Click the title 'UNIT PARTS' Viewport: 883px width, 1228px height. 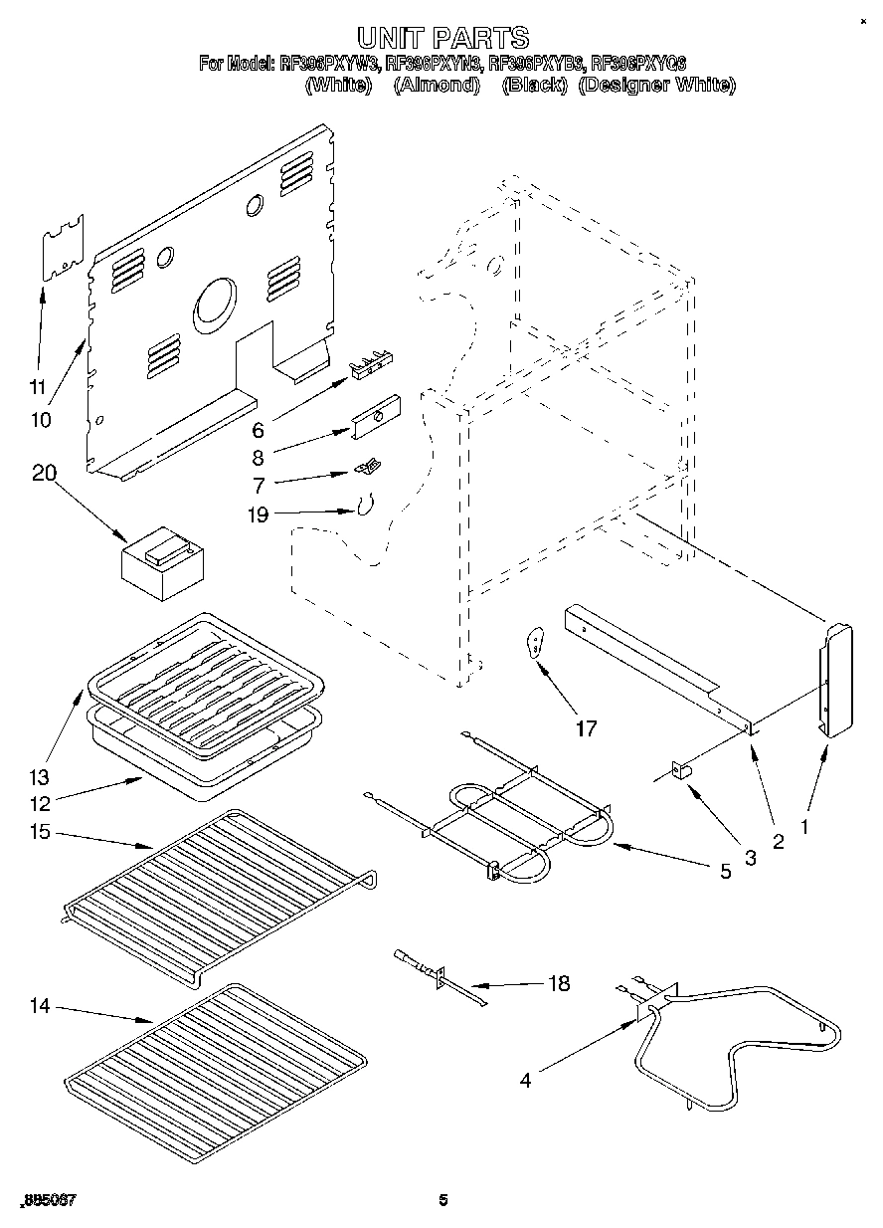pyautogui.click(x=442, y=39)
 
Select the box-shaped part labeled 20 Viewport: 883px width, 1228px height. pyautogui.click(x=162, y=563)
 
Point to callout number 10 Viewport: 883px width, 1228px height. pyautogui.click(x=41, y=420)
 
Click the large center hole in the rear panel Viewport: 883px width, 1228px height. pyautogui.click(x=216, y=304)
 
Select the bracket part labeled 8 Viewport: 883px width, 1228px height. pyautogui.click(x=376, y=415)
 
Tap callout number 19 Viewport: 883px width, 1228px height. pyautogui.click(x=257, y=513)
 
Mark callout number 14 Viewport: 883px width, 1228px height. pyautogui.click(x=39, y=1006)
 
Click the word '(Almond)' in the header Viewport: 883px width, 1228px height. pyautogui.click(x=437, y=86)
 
